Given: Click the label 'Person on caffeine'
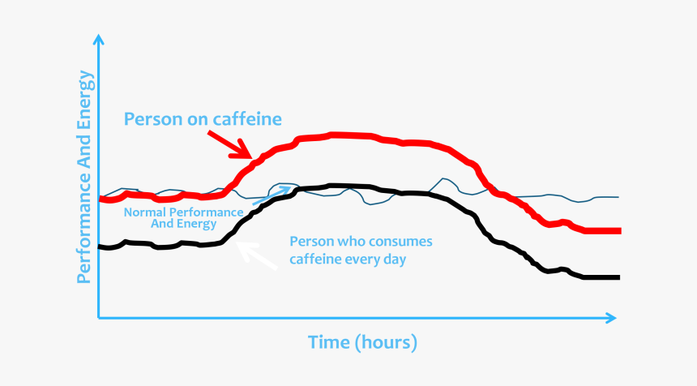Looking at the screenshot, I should pyautogui.click(x=203, y=119).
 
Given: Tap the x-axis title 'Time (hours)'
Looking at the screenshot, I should pyautogui.click(x=362, y=342).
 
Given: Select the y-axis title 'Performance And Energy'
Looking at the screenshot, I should pyautogui.click(x=84, y=178).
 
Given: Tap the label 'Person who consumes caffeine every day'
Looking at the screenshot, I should pyautogui.click(x=361, y=251).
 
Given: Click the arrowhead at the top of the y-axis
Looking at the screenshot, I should pyautogui.click(x=99, y=39).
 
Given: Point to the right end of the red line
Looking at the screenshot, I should pyautogui.click(x=619, y=231).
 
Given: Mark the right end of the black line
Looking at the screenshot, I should pyautogui.click(x=618, y=278).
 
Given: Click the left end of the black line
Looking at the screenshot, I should pyautogui.click(x=100, y=247).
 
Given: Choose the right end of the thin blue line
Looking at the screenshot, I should pyautogui.click(x=618, y=197).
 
